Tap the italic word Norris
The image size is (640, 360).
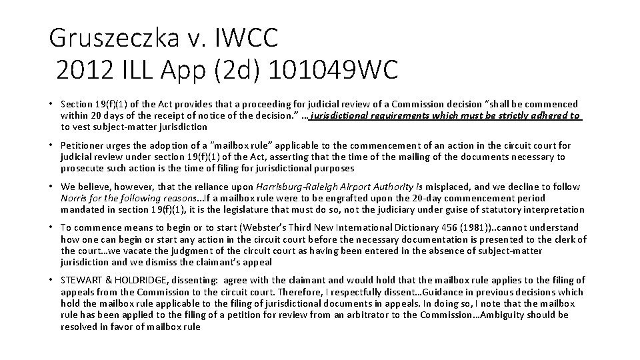[x=73, y=198]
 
